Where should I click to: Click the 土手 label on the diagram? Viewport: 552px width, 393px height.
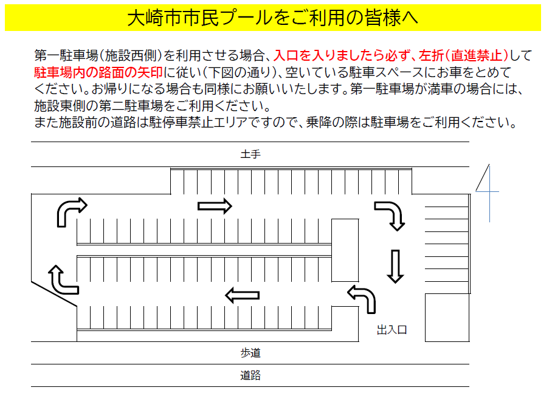coord(250,154)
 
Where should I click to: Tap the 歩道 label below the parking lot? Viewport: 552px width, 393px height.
coord(250,352)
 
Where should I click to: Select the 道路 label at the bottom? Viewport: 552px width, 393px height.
coord(250,375)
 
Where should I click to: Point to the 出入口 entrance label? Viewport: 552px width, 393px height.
coord(392,330)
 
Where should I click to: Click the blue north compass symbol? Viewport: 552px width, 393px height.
coord(489,191)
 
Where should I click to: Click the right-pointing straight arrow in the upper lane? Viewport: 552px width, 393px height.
coord(215,206)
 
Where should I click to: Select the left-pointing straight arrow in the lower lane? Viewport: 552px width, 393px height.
coord(242,295)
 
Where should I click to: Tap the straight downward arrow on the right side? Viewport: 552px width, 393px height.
coord(395,266)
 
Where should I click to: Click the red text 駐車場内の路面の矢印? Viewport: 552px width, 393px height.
coord(98,72)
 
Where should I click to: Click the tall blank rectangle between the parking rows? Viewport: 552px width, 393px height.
coord(345,250)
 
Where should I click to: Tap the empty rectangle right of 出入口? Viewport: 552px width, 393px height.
coord(447,317)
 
